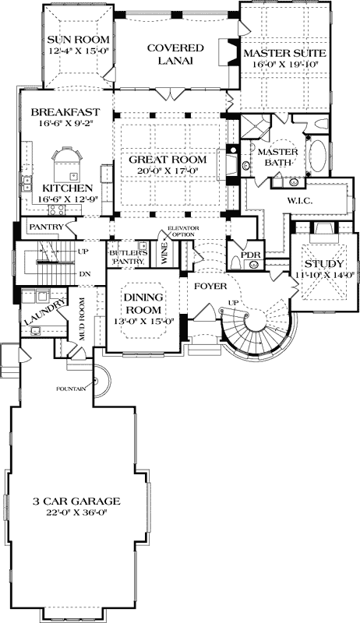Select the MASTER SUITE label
(283, 53)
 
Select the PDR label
(249, 255)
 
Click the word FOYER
(210, 286)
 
